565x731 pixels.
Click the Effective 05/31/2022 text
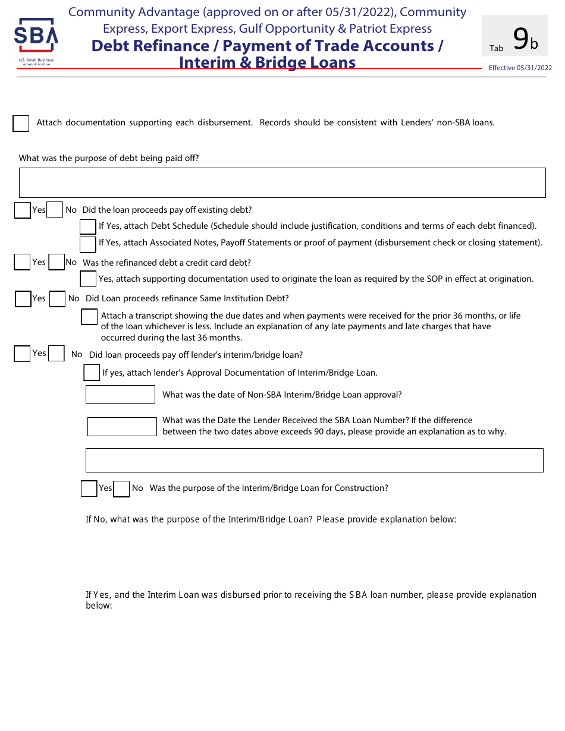click(x=520, y=68)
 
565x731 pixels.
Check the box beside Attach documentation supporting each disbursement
click(x=21, y=123)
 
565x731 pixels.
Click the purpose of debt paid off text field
click(x=282, y=182)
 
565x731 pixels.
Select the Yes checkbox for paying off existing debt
click(x=23, y=210)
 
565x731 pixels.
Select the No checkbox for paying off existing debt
click(x=55, y=210)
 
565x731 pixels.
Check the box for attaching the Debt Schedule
click(x=88, y=226)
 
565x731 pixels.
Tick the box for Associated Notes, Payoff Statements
click(x=88, y=244)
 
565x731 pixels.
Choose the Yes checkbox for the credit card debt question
click(x=22, y=263)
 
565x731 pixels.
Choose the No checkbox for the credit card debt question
click(x=56, y=263)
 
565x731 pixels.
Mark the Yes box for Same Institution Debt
click(x=23, y=299)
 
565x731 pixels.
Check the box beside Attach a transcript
click(x=89, y=317)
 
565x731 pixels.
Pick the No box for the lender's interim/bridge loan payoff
click(x=56, y=354)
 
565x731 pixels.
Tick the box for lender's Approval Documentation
click(x=92, y=373)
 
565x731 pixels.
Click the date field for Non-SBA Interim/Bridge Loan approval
click(x=120, y=395)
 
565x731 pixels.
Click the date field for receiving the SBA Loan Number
click(x=122, y=426)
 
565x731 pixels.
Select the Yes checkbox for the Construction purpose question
click(x=89, y=489)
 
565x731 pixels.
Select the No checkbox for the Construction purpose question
click(x=121, y=489)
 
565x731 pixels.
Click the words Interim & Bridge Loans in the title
click(x=268, y=62)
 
